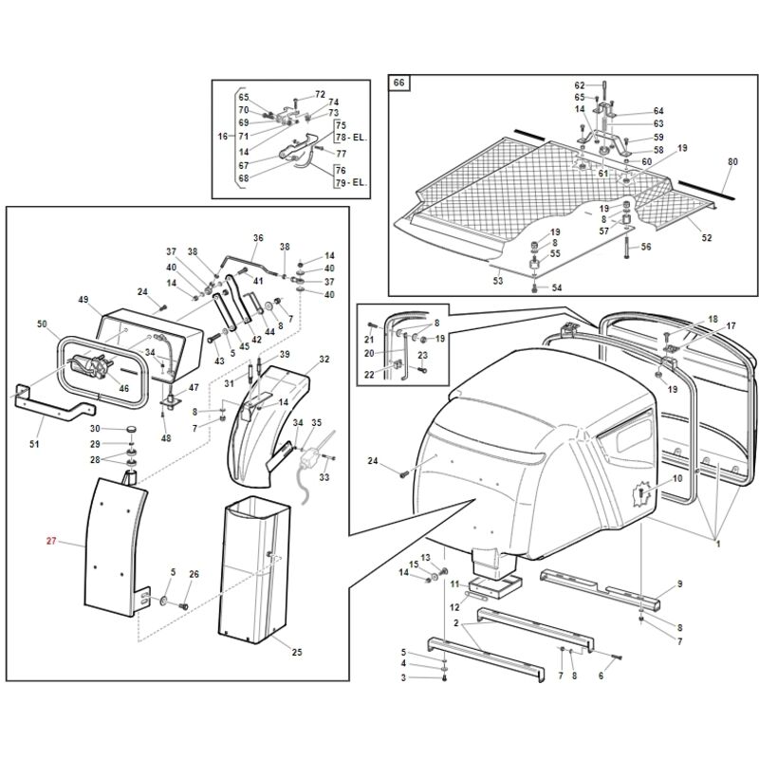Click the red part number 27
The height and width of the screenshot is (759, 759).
[51, 541]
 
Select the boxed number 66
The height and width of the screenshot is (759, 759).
[398, 83]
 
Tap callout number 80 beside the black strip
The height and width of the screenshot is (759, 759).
[732, 161]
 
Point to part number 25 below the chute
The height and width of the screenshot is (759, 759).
[297, 653]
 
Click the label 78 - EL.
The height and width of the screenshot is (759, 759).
[351, 138]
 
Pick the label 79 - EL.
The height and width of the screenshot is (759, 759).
[351, 182]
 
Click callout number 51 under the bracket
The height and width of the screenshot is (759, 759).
[34, 443]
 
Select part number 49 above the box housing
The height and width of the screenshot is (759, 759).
[83, 300]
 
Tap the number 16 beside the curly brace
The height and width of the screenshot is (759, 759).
[223, 136]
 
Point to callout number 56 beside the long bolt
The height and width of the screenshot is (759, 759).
[646, 247]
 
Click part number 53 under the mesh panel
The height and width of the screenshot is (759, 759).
[498, 281]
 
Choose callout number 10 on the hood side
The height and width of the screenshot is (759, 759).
[677, 479]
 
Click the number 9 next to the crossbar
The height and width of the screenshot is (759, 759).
[679, 584]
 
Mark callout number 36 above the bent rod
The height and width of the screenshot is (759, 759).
[258, 238]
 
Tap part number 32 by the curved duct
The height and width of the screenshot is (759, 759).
[324, 360]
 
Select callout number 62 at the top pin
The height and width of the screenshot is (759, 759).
[580, 85]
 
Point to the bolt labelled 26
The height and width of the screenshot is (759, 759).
[183, 605]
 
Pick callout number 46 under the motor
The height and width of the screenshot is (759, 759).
[124, 388]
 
